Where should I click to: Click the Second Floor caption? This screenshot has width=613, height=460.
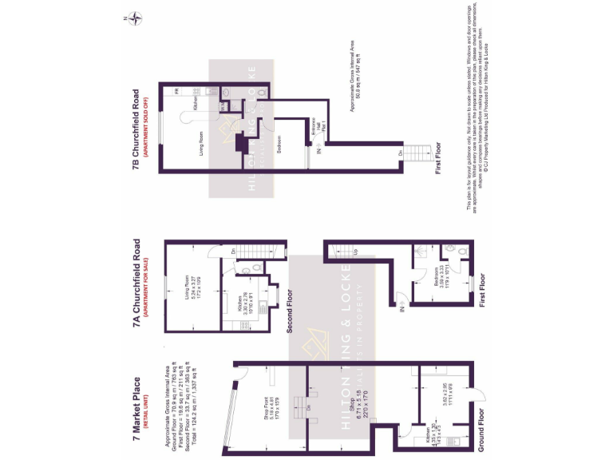pos(291,311)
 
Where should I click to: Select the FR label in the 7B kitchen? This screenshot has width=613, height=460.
pos(176,92)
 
